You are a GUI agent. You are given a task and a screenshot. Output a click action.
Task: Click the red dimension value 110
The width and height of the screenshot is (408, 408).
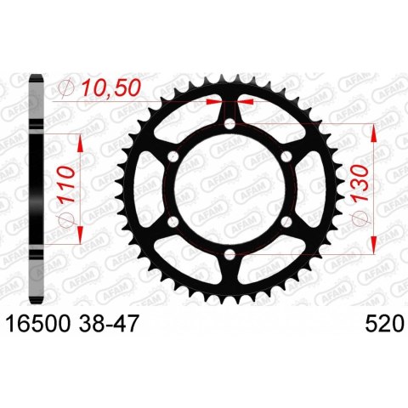point(66,184)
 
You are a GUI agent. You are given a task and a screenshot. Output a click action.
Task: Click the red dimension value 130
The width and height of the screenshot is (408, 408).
point(360,183)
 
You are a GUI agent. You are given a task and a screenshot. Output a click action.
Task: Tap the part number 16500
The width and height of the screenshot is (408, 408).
point(38,324)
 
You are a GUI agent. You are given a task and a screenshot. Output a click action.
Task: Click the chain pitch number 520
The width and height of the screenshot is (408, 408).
point(384,324)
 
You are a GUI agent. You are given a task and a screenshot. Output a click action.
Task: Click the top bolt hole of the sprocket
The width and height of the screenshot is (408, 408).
point(229,124)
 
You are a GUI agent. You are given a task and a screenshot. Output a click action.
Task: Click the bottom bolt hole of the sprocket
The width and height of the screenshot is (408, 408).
point(229,255)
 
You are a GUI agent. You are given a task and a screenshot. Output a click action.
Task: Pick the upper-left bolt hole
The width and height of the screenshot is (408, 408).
point(173,156)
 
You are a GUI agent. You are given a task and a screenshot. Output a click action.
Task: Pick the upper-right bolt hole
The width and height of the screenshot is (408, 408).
point(286,156)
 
